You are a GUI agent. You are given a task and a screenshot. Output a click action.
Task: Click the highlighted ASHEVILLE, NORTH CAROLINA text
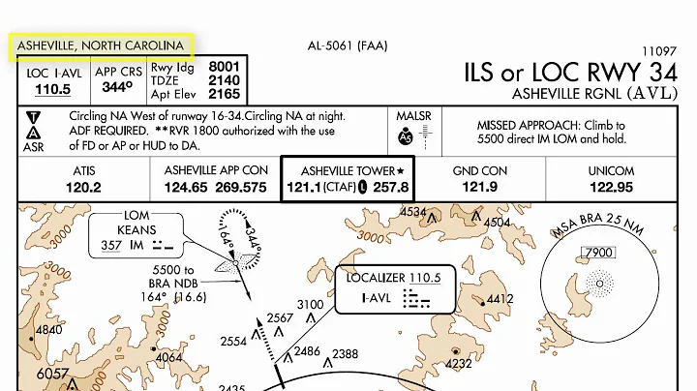click(x=101, y=45)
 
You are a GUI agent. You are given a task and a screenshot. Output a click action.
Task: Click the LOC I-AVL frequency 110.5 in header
click(x=53, y=89)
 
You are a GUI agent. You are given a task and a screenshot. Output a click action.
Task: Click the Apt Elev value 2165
click(x=225, y=94)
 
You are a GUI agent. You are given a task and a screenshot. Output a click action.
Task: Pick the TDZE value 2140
click(x=225, y=80)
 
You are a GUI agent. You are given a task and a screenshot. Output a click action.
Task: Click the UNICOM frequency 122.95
click(x=611, y=187)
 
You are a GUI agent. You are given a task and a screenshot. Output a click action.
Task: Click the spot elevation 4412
click(x=500, y=299)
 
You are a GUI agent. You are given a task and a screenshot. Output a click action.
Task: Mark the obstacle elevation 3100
click(x=310, y=305)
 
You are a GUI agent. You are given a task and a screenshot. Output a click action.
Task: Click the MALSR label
click(x=409, y=116)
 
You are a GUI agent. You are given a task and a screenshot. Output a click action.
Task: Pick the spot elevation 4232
click(x=458, y=364)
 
